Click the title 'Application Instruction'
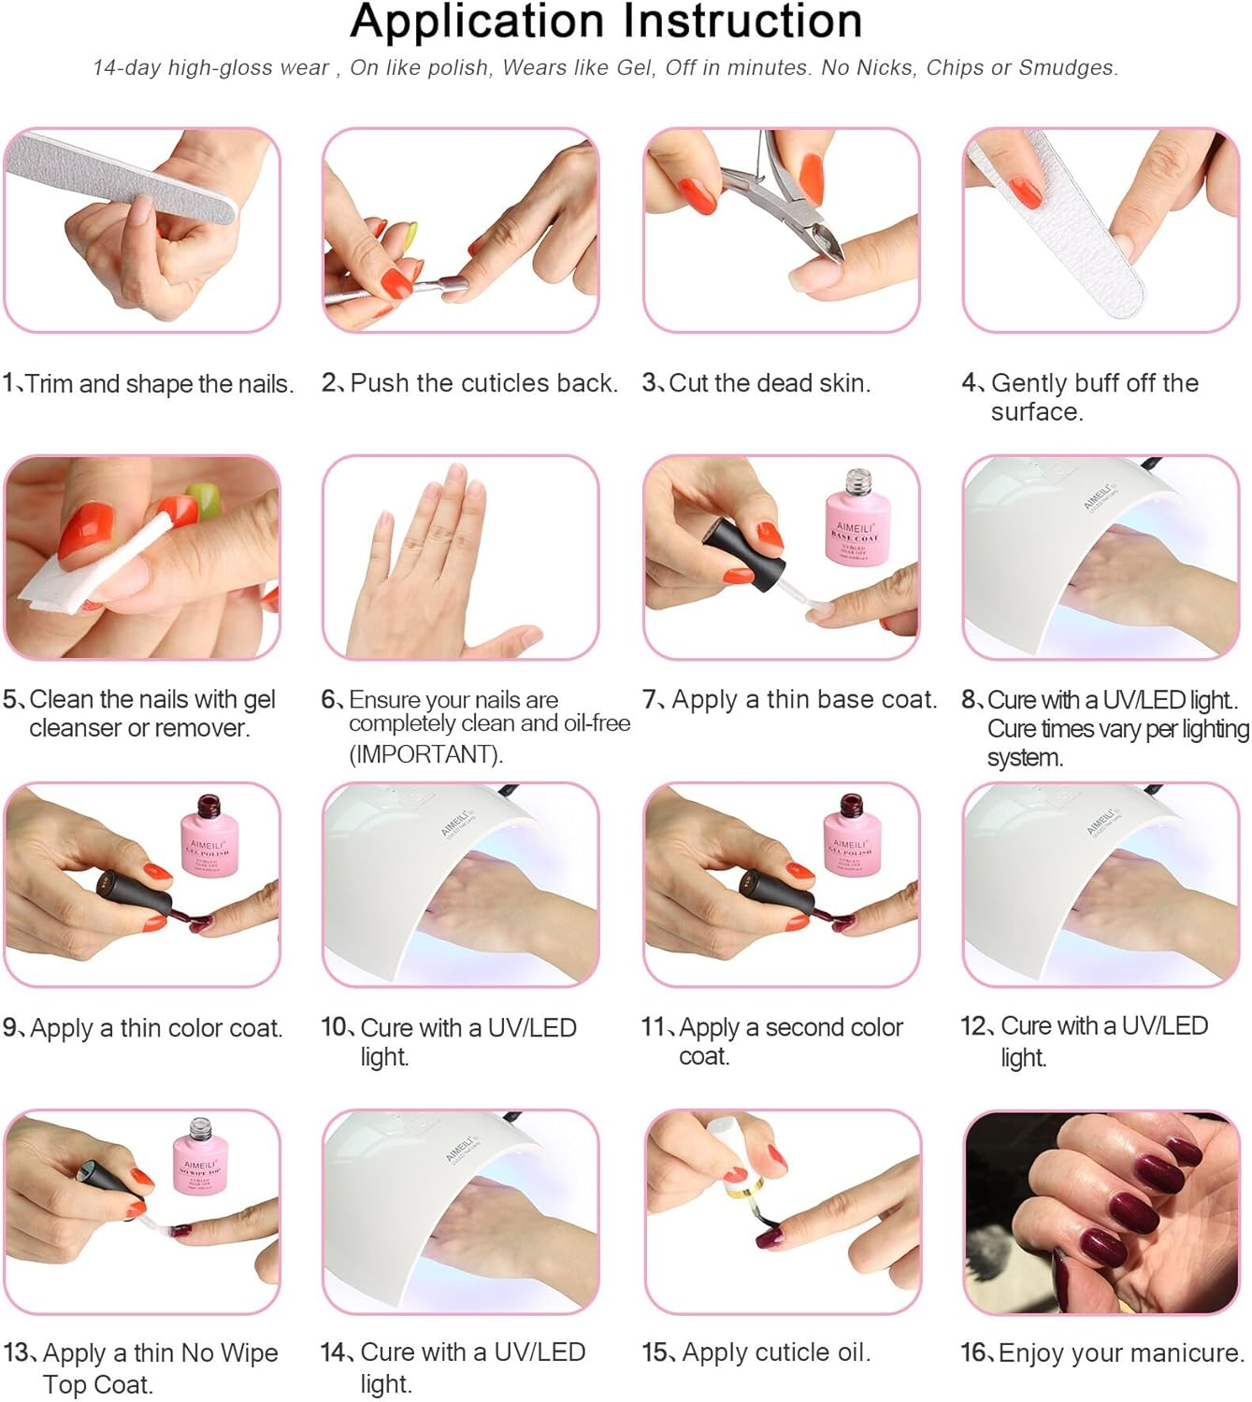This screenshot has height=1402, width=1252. (606, 22)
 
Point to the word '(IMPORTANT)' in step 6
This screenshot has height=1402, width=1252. (425, 753)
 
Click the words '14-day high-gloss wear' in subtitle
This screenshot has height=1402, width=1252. (211, 67)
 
